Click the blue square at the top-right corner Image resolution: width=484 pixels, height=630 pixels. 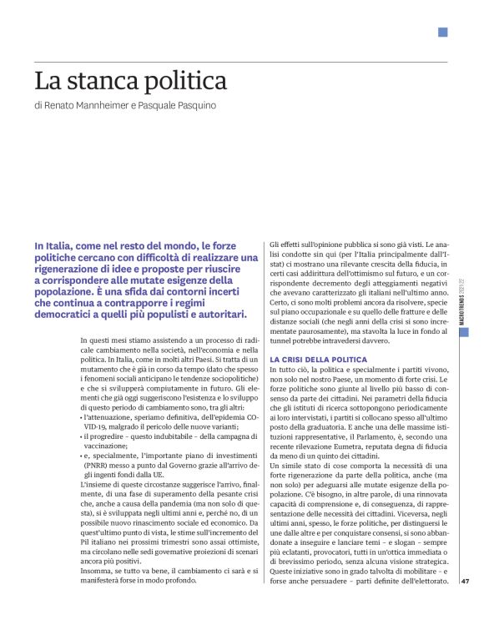click(x=443, y=33)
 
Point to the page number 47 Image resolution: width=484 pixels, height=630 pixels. click(x=466, y=582)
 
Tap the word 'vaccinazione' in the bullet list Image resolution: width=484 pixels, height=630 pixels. click(x=107, y=445)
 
